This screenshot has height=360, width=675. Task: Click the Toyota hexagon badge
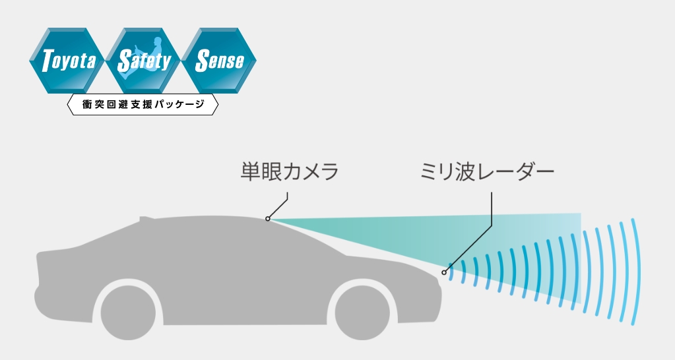pos(68,61)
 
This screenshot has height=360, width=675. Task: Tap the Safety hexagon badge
pos(143,61)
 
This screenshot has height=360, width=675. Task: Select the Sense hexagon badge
pos(219,61)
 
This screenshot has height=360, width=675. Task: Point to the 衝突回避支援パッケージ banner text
pos(143,105)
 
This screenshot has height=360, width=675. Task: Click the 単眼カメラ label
pos(288,173)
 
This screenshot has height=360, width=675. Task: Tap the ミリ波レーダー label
pos(487,173)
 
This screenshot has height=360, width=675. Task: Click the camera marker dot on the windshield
pos(267,218)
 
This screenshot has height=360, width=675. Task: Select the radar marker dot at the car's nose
pos(444,272)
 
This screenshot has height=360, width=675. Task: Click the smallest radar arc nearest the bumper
pos(453,272)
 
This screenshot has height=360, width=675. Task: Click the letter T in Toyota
pos(48,62)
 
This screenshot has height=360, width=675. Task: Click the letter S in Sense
pos(202,61)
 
